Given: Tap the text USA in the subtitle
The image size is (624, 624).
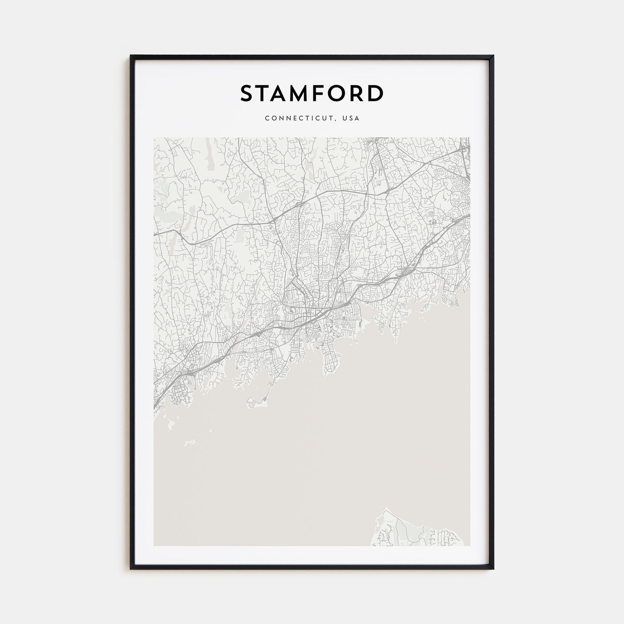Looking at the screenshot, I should [x=351, y=119].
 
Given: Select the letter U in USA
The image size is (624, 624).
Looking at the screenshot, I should [x=345, y=119].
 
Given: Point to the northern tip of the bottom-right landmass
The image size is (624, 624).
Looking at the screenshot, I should [x=387, y=508].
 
